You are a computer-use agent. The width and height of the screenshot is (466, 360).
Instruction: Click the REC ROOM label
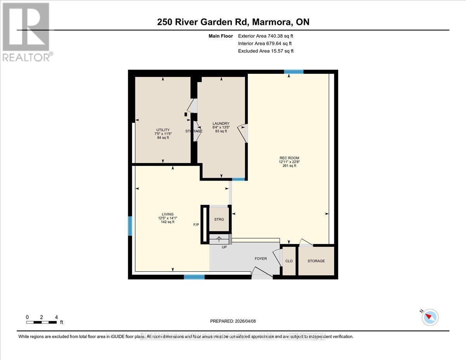[x=289, y=158]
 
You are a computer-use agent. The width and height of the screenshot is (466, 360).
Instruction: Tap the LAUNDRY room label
[x=221, y=123]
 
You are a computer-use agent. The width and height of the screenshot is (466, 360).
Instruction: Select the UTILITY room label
[x=162, y=130]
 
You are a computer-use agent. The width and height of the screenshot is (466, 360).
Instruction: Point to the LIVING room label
[x=168, y=214]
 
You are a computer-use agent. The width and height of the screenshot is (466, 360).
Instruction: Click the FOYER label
[x=261, y=259]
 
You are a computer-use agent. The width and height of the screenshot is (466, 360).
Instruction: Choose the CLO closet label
[x=289, y=261]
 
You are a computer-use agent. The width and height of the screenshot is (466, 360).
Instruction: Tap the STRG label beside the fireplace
[x=219, y=219]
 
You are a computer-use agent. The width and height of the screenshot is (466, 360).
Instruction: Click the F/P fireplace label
[x=196, y=224]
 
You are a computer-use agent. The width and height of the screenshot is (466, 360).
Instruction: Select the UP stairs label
[x=224, y=247]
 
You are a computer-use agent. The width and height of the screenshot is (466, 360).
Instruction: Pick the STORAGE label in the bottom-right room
[x=316, y=261]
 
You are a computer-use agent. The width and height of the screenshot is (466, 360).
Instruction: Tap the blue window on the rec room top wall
[x=294, y=71]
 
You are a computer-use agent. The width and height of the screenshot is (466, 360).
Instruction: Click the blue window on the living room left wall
[x=130, y=226]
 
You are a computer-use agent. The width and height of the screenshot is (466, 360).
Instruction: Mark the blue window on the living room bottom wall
[x=194, y=277]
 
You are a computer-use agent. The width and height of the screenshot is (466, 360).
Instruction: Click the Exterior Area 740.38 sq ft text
[x=266, y=36]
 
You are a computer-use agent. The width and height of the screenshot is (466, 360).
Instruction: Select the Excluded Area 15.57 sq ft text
[x=266, y=51]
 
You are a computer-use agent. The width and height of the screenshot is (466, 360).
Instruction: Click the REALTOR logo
[x=26, y=31]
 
